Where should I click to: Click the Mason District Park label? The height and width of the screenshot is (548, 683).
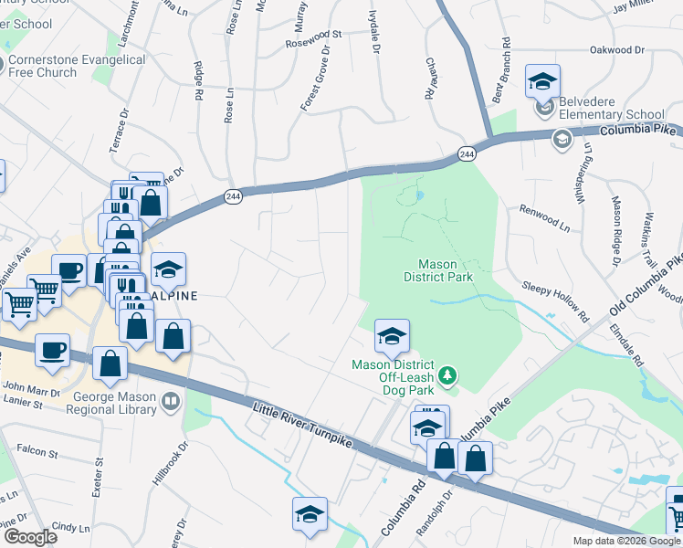pyautogui.click(x=437, y=270)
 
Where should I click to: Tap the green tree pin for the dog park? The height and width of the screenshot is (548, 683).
pyautogui.click(x=447, y=374)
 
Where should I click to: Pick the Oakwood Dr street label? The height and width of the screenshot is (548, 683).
pyautogui.click(x=619, y=50)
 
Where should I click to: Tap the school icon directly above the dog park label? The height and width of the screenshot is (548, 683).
pyautogui.click(x=391, y=338)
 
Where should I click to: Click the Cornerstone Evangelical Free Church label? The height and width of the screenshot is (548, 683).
pyautogui.click(x=77, y=66)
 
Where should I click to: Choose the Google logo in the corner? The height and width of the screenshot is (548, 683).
pyautogui.click(x=30, y=537)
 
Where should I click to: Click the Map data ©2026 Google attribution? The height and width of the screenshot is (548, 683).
pyautogui.click(x=625, y=541)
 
